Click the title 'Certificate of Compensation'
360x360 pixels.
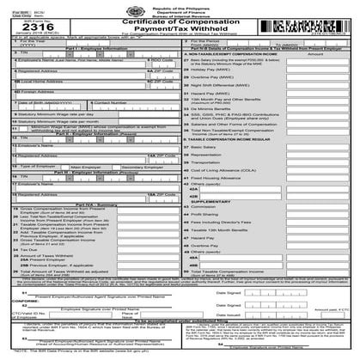click(x=178, y=20)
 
